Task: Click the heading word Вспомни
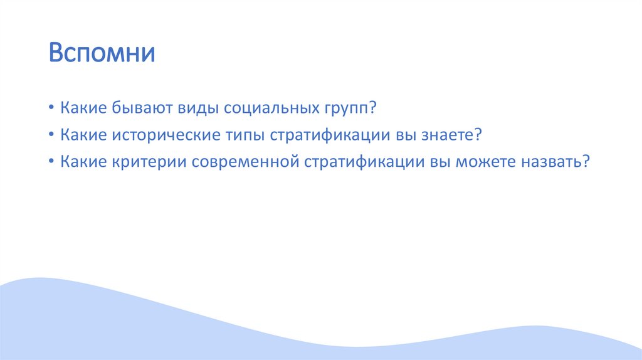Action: [102, 53]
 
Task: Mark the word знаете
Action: [450, 135]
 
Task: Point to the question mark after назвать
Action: [586, 162]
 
